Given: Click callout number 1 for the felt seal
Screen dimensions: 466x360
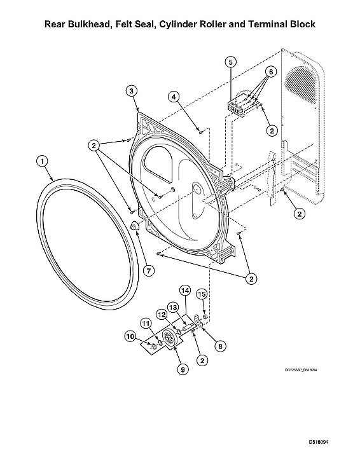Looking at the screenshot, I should click(x=41, y=162).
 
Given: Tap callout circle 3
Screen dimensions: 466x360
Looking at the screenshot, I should click(x=130, y=91).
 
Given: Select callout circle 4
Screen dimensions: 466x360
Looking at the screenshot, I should click(x=173, y=96).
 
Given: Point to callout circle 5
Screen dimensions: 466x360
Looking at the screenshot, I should click(x=230, y=62).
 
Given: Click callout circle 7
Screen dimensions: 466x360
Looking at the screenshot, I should click(x=148, y=271).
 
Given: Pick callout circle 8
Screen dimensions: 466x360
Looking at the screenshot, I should click(x=221, y=346).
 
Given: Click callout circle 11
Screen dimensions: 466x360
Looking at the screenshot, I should click(x=146, y=323).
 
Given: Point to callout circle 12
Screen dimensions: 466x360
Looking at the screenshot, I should click(x=162, y=314).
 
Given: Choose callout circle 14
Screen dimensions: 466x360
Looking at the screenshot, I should click(x=185, y=291).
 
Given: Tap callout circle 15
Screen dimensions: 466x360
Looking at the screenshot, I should click(x=202, y=294).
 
